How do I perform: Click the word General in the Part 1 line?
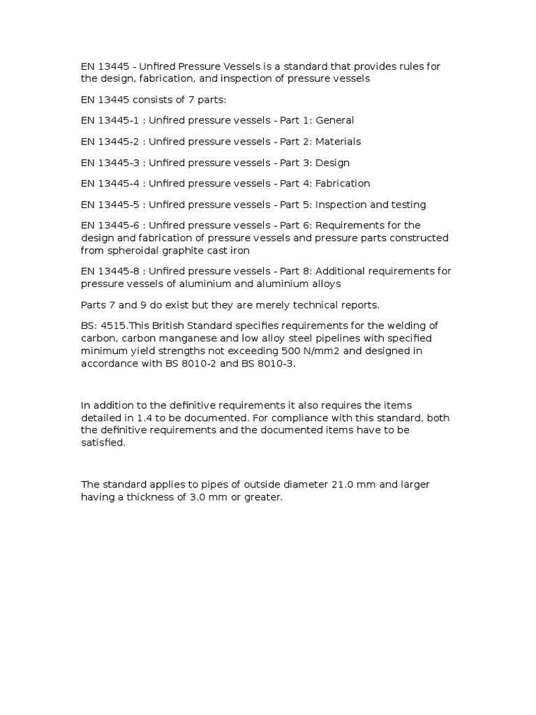tap(335, 120)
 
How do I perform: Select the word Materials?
tap(338, 142)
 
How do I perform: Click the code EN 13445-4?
tap(110, 184)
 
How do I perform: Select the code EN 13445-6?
tap(110, 226)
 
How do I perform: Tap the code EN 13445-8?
tap(110, 271)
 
